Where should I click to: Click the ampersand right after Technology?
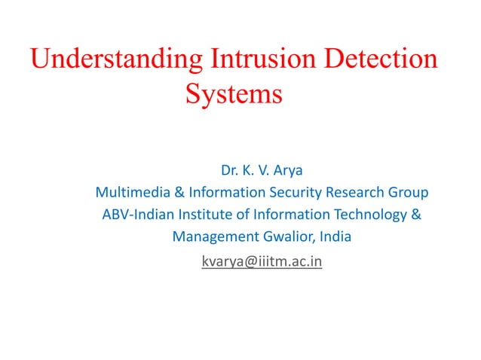pos(416,215)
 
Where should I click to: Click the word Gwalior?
pos(287,238)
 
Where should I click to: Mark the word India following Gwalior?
pos(335,238)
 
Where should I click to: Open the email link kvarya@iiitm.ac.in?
pos(262,263)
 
